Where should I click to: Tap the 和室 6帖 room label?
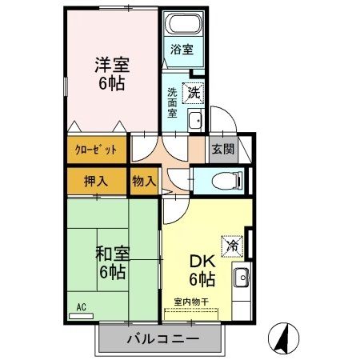(x=111, y=262)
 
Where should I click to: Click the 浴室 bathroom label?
(x=182, y=50)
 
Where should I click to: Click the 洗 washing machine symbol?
(x=194, y=93)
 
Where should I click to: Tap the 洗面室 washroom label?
(x=173, y=102)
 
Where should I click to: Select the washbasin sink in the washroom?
(x=194, y=122)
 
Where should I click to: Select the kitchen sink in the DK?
(x=240, y=279)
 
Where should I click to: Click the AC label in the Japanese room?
(x=82, y=306)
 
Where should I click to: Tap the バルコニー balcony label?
(x=162, y=340)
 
